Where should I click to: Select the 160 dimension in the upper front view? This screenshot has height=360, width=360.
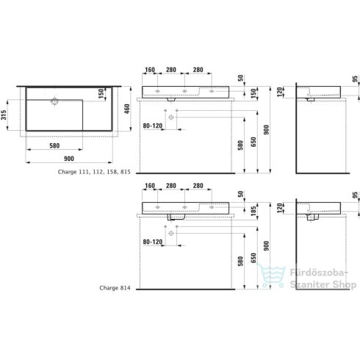(151, 71)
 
